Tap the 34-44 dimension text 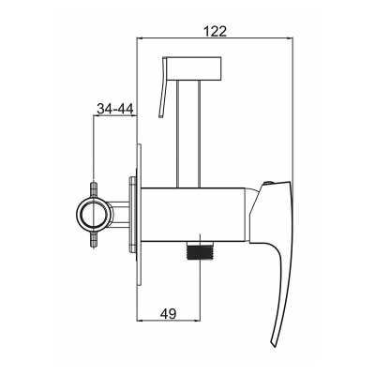pyautogui.click(x=114, y=109)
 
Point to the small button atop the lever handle pyautogui.click(x=271, y=181)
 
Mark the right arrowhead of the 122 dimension pyautogui.click(x=288, y=40)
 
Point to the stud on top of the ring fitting pyautogui.click(x=93, y=187)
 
